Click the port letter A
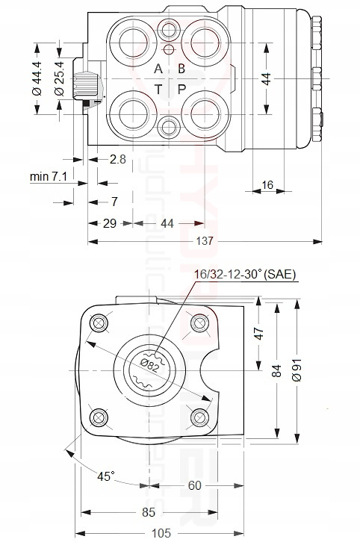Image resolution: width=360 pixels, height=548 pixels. (x=158, y=69)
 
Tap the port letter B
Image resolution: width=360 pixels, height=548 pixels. (x=181, y=69)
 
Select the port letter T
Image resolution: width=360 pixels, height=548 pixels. (x=158, y=89)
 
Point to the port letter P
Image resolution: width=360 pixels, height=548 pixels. (x=181, y=89)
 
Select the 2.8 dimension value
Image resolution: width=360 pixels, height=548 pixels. (x=117, y=159)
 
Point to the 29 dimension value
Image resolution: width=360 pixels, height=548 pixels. (x=109, y=223)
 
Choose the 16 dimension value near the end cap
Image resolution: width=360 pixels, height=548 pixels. (x=267, y=184)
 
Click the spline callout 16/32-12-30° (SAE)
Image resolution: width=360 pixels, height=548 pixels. (x=245, y=275)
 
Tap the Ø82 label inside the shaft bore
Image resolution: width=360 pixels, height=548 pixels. (x=151, y=364)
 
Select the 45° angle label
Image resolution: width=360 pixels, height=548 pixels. (x=108, y=476)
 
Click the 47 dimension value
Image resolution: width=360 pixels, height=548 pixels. (x=260, y=332)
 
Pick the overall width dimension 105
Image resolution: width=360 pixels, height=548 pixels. (x=161, y=533)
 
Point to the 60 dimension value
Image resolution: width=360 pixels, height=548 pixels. (x=194, y=486)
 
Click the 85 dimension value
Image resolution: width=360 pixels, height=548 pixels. (x=148, y=512)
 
